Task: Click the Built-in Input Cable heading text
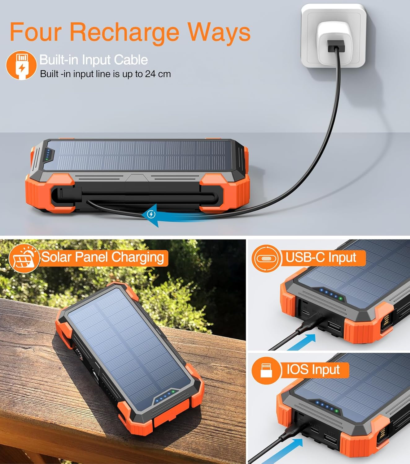pyautogui.click(x=94, y=60)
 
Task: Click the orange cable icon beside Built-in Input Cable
pyautogui.click(x=21, y=65)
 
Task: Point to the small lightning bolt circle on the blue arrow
pyautogui.click(x=151, y=214)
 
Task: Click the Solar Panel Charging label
pyautogui.click(x=102, y=257)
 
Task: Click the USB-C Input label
pyautogui.click(x=321, y=257)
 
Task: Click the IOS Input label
pyautogui.click(x=313, y=369)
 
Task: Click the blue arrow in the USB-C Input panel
pyautogui.click(x=302, y=342)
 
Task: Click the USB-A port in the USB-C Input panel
pyautogui.click(x=334, y=326)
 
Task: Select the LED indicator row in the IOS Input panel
pyautogui.click(x=327, y=407)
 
